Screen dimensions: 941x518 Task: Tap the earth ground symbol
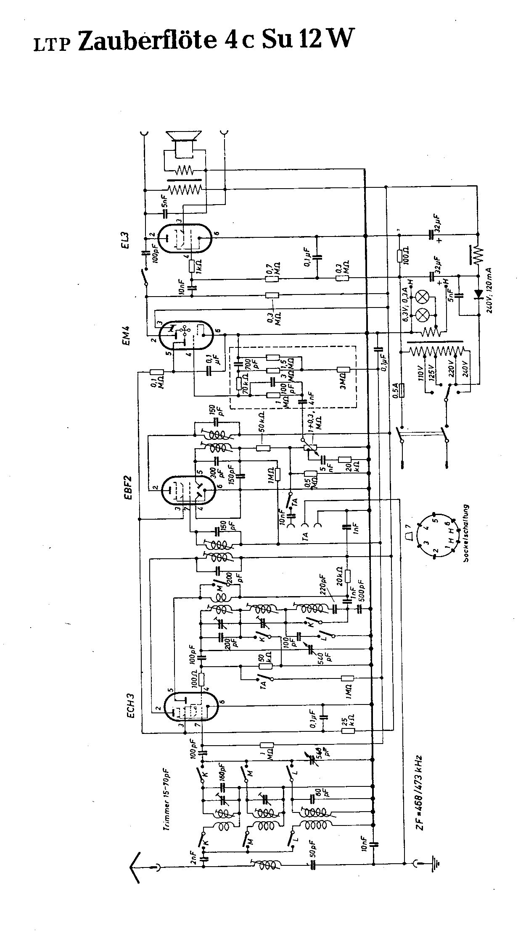pyautogui.click(x=437, y=864)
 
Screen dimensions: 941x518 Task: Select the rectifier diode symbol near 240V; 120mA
pyautogui.click(x=478, y=294)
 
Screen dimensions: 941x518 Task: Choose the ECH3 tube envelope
pyautogui.click(x=190, y=707)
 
